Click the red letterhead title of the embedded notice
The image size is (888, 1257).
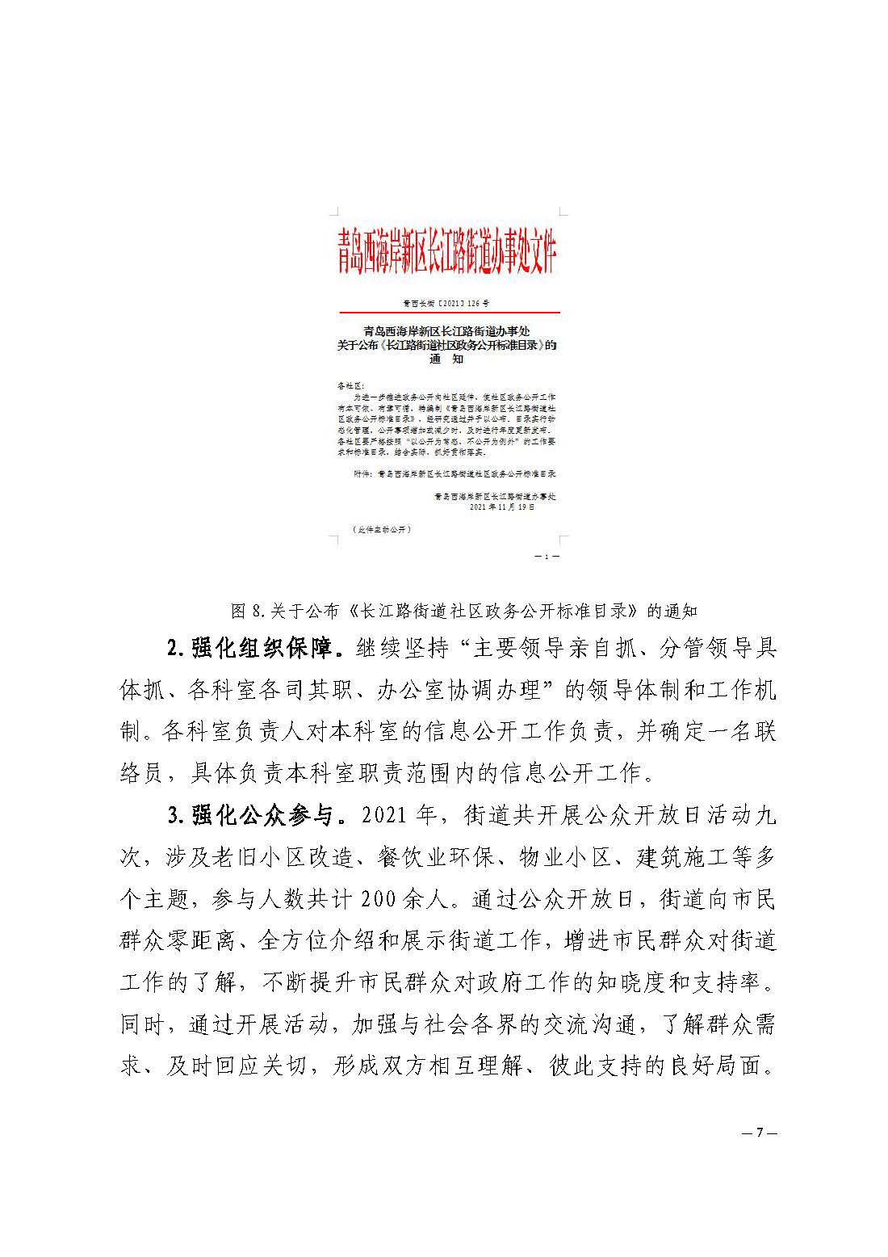447,253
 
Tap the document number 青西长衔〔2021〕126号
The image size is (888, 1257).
446,304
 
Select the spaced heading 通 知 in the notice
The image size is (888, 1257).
446,359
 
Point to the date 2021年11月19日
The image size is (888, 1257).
502,508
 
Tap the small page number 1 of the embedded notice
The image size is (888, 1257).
547,557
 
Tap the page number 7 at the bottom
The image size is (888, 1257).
759,1133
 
